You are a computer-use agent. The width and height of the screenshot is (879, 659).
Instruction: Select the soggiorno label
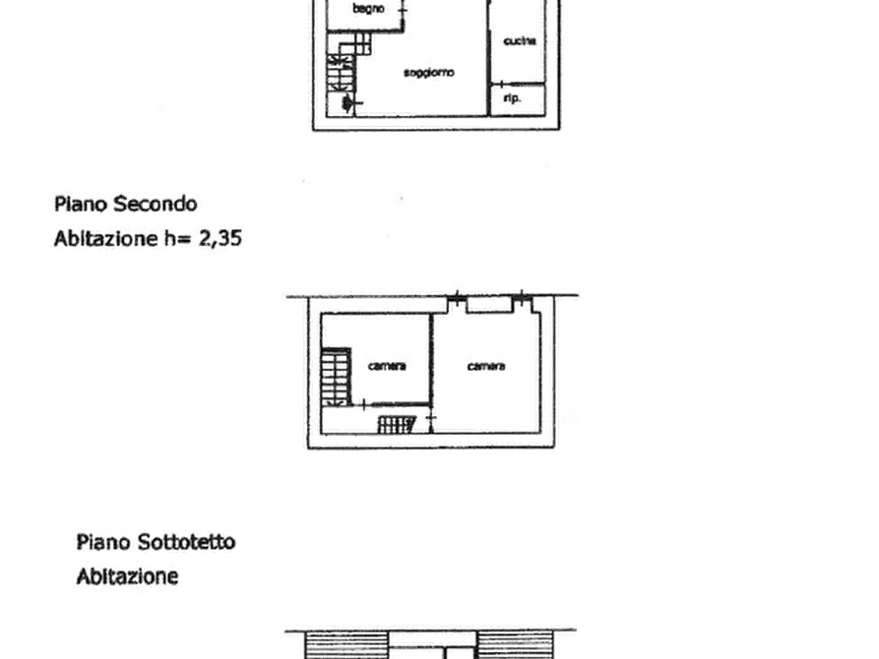click(x=428, y=74)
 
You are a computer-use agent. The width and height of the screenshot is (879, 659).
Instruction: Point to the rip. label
click(x=511, y=98)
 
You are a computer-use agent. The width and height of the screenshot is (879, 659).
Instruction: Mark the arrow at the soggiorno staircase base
click(x=345, y=101)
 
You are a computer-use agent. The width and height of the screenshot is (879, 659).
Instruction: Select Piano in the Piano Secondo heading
click(x=82, y=205)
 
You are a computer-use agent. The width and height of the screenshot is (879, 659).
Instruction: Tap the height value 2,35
click(x=224, y=237)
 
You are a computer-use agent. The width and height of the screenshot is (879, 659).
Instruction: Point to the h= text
click(x=178, y=237)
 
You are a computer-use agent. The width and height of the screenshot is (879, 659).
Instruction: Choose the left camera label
click(x=386, y=366)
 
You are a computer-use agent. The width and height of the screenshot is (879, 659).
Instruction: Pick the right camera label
click(x=487, y=366)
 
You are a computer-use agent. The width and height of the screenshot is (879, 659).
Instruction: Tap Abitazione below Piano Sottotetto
click(x=128, y=575)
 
